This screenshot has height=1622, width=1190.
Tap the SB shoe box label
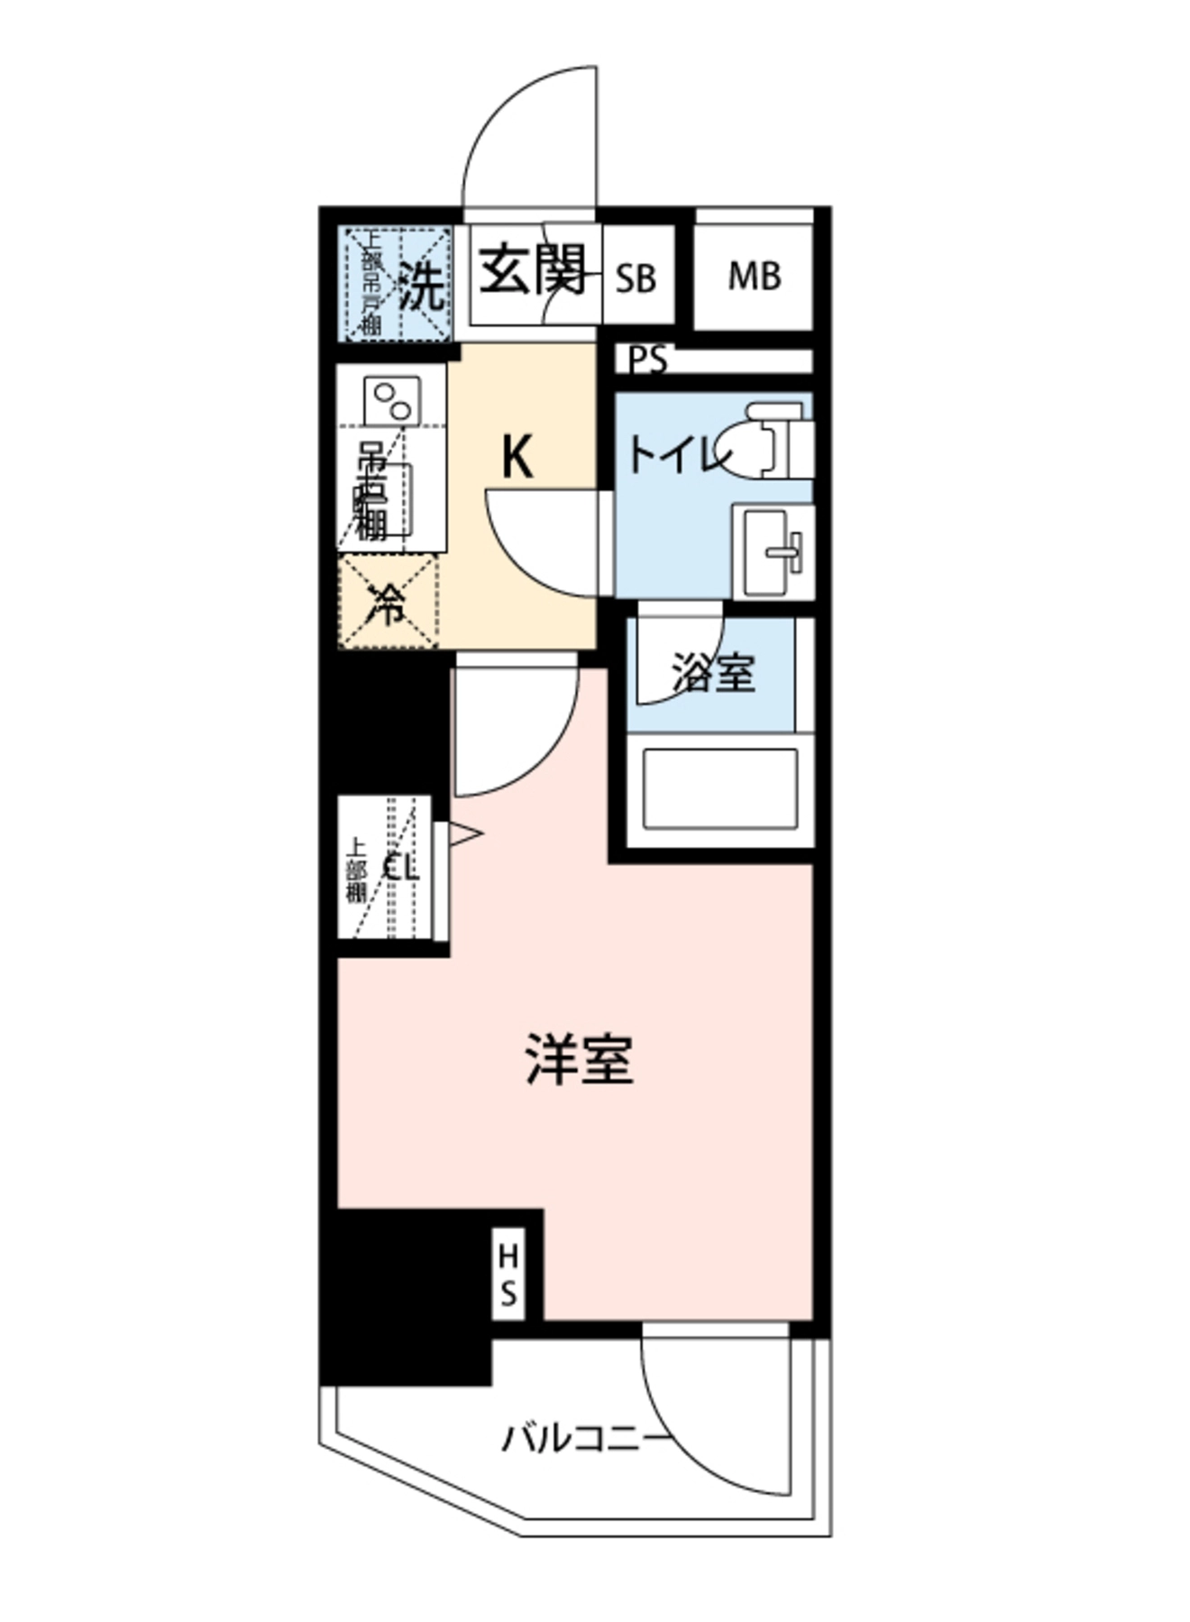636,278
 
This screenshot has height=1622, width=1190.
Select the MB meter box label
754,276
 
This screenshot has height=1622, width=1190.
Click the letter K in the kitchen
517,457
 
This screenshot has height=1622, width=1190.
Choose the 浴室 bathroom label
712,673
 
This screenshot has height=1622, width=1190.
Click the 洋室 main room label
580,1060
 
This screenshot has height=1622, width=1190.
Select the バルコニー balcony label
587,1439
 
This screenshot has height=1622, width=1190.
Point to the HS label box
508,1274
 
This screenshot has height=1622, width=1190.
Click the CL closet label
401,867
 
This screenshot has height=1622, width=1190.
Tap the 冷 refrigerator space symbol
388,603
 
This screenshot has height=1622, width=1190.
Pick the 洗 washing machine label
422,287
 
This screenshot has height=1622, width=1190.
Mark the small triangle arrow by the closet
463,834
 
